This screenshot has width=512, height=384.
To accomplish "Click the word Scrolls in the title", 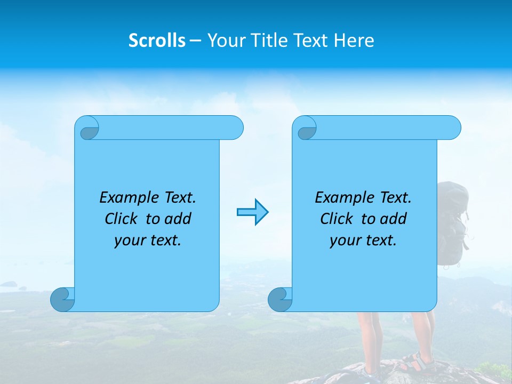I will (x=157, y=41).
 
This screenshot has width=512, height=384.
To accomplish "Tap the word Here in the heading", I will (x=354, y=41).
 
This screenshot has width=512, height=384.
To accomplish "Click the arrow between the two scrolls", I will (x=252, y=212).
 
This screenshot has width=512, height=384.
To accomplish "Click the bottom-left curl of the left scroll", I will (x=62, y=299).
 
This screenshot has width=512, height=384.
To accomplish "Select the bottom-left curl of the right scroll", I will (x=279, y=299).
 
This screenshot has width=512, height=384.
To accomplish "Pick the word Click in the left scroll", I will (x=122, y=219).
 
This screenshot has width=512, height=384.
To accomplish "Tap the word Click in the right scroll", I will (x=337, y=219).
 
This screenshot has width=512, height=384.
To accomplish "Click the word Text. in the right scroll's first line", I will (x=395, y=198).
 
